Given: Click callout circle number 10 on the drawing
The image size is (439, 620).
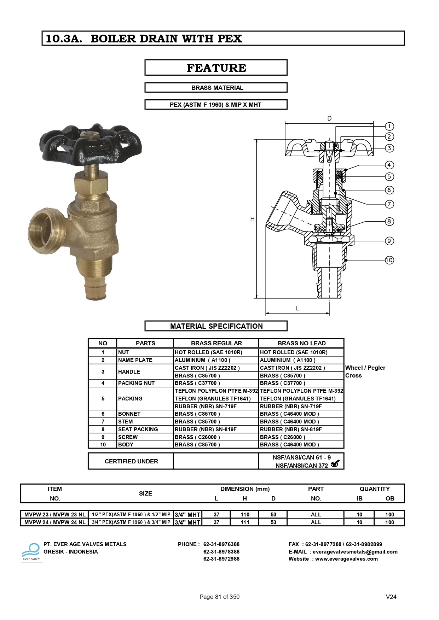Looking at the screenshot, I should [x=389, y=260].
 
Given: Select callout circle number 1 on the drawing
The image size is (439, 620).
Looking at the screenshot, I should [x=389, y=126].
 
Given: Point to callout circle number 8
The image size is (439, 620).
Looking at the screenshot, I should [x=389, y=222].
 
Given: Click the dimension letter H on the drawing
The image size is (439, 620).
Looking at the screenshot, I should [x=252, y=219].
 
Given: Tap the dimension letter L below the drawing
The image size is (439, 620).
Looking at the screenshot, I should [x=297, y=308].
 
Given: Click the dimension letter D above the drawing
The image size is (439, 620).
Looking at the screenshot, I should [x=329, y=118].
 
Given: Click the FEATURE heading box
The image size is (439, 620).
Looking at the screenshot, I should [x=216, y=68].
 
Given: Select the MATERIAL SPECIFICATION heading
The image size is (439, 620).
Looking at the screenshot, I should [x=216, y=326].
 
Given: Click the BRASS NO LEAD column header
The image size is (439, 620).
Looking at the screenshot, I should [x=301, y=343].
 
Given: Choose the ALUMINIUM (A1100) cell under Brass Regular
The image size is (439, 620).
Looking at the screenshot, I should [x=202, y=360].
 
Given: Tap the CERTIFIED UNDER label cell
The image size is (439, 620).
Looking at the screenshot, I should [x=131, y=461].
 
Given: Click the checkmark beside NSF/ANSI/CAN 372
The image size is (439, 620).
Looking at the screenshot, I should [x=335, y=464].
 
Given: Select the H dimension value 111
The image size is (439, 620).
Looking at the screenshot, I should [x=245, y=522].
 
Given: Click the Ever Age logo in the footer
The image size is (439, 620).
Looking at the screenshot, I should [x=31, y=551].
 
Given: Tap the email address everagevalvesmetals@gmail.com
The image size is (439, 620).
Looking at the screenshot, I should [x=355, y=552].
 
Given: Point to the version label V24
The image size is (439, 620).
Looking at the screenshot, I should [x=391, y=597].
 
